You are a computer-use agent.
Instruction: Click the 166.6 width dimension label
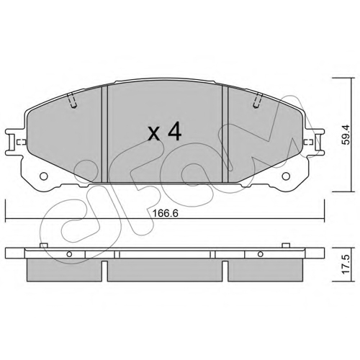point(166,213)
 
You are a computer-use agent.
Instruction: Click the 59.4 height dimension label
point(346,135)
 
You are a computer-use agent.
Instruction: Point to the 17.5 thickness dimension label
point(346,265)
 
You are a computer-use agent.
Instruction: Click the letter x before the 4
point(154,134)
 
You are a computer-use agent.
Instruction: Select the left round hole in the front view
point(44,176)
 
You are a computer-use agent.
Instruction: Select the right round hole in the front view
point(286,176)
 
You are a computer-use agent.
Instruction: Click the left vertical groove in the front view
point(105,135)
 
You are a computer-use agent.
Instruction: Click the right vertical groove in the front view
point(225,135)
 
